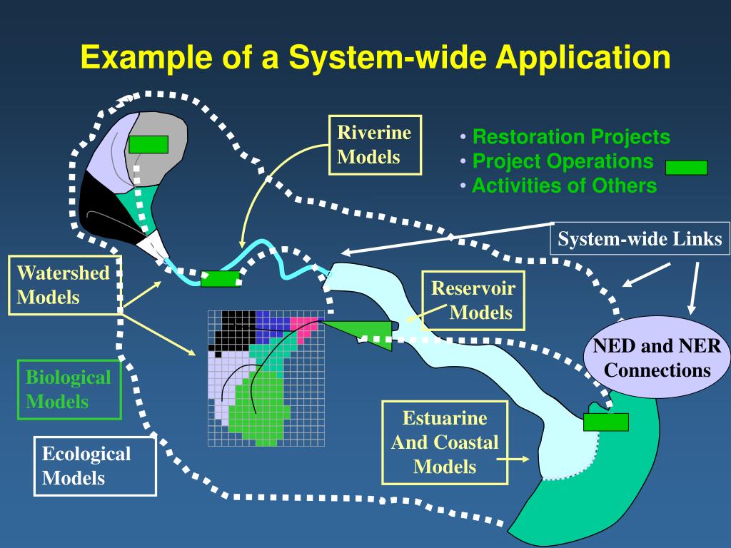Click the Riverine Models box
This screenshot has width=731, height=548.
click(x=375, y=145)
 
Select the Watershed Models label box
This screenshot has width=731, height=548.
click(x=65, y=285)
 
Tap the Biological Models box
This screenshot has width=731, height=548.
click(x=69, y=390)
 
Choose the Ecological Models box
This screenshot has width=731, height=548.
click(x=95, y=466)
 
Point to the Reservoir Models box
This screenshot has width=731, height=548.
click(x=473, y=300)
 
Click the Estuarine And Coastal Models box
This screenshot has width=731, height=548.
click(x=445, y=442)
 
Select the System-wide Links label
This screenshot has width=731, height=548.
click(x=640, y=238)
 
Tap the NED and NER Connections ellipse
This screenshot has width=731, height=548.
click(x=657, y=357)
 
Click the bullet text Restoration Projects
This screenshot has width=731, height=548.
click(x=571, y=136)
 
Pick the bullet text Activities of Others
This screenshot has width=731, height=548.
click(x=565, y=186)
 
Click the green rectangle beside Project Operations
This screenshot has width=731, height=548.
click(x=686, y=167)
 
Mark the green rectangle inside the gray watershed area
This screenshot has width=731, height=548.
click(x=148, y=144)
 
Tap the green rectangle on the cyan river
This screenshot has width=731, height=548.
click(x=221, y=279)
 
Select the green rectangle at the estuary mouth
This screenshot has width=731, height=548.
click(x=605, y=422)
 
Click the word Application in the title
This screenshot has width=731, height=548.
click(x=583, y=57)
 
